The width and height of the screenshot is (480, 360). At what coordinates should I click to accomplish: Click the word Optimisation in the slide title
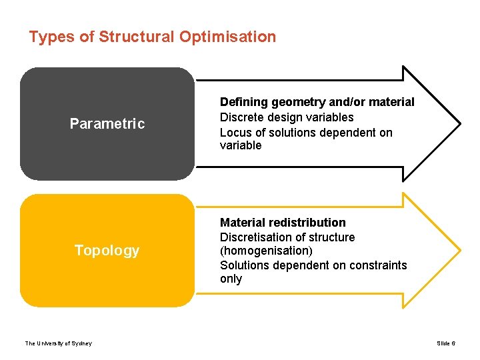227,37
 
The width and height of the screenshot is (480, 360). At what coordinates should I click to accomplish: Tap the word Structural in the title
137,37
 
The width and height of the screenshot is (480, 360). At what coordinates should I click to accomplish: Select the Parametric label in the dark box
107,124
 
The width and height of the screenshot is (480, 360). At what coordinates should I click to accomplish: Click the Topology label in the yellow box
107,251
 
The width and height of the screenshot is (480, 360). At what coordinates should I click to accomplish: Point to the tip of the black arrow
459,123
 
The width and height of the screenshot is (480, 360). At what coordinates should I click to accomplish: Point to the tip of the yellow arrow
459,251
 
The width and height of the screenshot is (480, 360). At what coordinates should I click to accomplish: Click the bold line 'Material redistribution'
283,223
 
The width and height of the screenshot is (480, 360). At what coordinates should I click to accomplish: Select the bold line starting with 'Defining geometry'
317,102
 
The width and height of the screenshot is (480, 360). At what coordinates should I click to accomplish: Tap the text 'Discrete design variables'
287,117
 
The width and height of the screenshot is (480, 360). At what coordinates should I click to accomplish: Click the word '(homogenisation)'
265,251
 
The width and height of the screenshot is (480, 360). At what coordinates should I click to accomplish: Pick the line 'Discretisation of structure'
287,237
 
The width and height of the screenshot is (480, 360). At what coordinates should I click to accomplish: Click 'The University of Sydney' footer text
59,343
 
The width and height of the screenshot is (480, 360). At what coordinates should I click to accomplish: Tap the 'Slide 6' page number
446,343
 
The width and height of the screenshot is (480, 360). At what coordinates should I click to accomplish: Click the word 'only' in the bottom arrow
231,279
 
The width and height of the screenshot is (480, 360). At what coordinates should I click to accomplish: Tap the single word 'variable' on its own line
241,145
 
